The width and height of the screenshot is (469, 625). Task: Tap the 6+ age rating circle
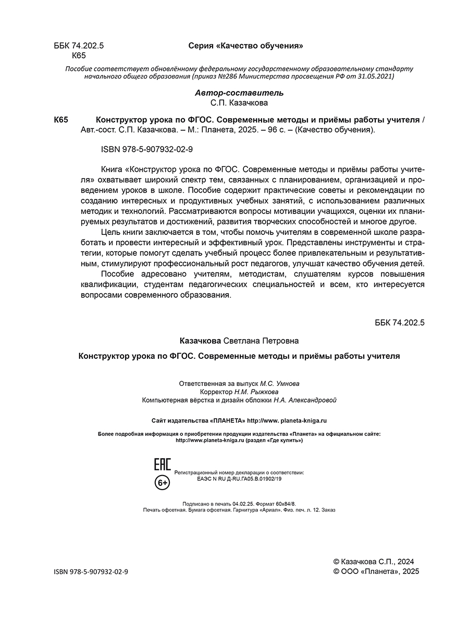tap(163, 483)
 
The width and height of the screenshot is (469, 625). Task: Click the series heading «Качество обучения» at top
tap(246, 46)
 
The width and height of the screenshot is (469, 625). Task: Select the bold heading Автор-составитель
tap(239, 93)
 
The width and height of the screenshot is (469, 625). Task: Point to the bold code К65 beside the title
tap(61, 120)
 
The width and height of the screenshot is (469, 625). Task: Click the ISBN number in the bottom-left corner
tap(91, 571)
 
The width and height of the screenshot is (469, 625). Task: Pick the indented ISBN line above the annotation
tap(147, 149)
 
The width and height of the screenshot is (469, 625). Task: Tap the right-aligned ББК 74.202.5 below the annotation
tap(400, 322)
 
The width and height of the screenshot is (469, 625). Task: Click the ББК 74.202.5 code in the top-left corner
tap(79, 46)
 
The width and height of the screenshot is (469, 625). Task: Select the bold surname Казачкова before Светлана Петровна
tap(201, 341)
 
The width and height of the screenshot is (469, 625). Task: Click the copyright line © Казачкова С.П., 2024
tap(373, 561)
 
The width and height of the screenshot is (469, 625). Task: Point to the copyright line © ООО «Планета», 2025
tap(376, 571)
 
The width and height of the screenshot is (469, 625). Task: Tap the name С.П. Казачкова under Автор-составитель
tap(239, 103)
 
